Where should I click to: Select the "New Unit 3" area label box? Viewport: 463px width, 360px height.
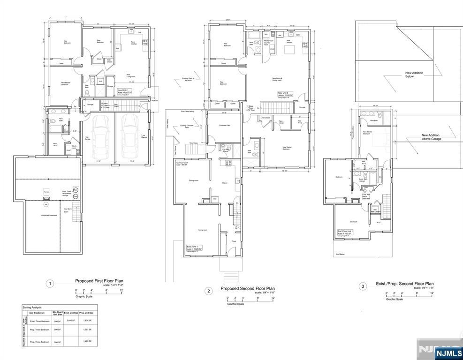[x=285, y=94]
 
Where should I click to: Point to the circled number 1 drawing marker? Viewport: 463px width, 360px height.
[x=50, y=284]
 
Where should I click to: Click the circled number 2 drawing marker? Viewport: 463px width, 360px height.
[x=208, y=291]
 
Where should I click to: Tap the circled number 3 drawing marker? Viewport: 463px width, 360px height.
[x=362, y=286]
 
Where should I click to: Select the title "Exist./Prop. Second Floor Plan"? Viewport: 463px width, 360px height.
[x=405, y=284]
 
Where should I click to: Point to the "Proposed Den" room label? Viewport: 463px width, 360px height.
[x=224, y=126]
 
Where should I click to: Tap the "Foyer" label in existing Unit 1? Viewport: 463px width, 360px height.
[x=233, y=241]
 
